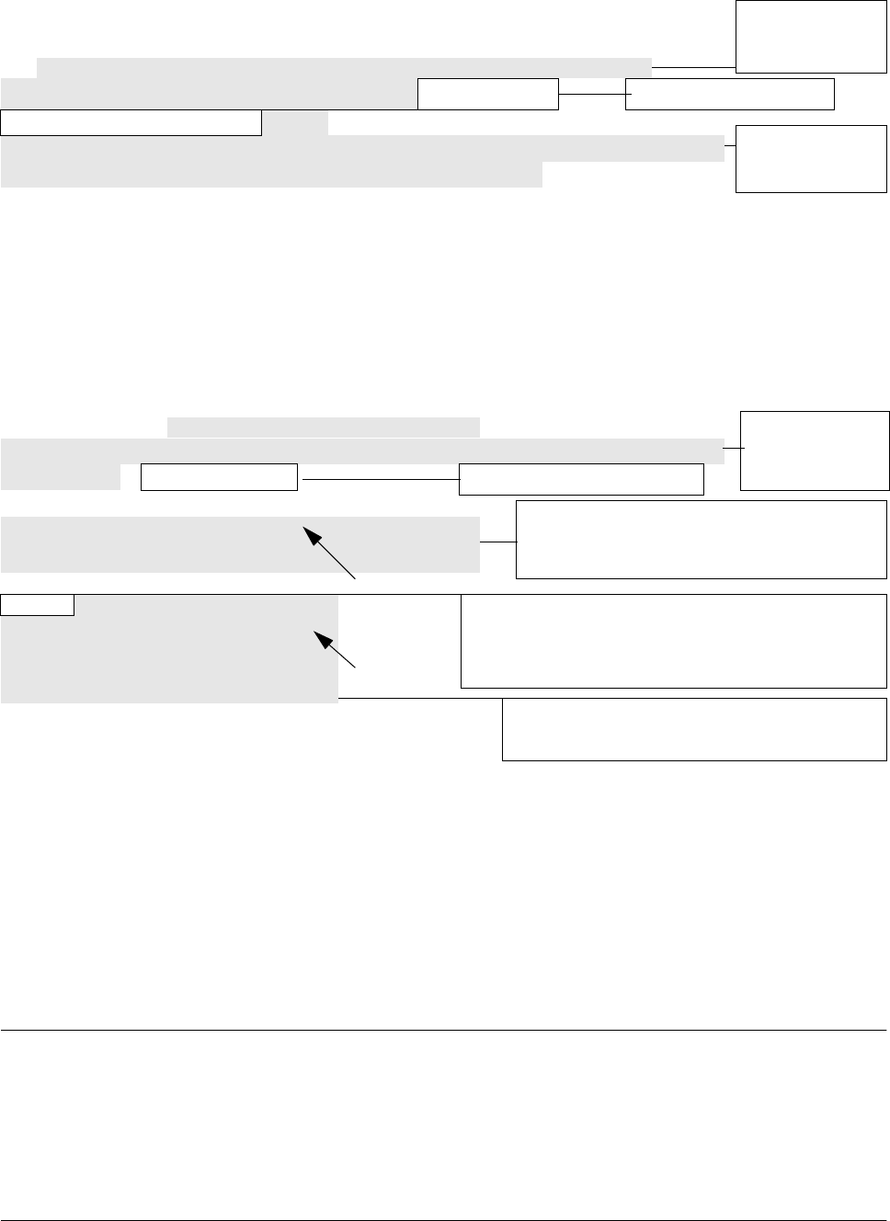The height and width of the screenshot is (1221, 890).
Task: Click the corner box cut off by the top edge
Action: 810,37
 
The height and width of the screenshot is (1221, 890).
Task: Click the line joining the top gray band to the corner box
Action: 693,67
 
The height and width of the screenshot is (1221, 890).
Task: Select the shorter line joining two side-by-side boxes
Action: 592,94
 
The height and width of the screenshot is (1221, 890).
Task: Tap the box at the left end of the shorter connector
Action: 488,94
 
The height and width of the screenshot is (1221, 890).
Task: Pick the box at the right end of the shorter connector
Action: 730,94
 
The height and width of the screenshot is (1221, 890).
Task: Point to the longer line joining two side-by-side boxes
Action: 379,479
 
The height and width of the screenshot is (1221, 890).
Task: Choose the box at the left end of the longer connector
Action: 220,478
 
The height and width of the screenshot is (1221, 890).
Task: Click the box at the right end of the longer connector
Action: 581,479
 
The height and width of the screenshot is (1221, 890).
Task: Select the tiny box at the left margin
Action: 38,604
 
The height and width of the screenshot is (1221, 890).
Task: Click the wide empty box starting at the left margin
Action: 131,122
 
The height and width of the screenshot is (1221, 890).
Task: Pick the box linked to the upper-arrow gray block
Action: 702,540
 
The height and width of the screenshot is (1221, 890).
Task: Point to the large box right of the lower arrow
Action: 673,641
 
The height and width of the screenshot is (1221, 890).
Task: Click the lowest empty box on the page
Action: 694,729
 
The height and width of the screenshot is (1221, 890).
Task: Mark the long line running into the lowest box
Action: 420,700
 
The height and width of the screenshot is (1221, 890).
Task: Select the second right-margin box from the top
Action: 810,159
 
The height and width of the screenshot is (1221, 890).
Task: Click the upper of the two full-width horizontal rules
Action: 445,1031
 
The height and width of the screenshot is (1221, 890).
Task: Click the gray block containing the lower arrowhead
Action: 169,649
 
